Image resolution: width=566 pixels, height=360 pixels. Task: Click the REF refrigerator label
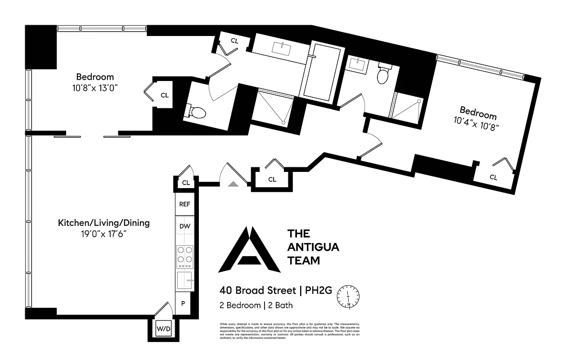184,204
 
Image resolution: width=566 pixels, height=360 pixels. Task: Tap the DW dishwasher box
184,226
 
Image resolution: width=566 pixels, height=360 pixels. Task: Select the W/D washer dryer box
163,329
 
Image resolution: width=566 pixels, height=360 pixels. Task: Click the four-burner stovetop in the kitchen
184,254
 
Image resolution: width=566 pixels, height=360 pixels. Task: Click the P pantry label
183,303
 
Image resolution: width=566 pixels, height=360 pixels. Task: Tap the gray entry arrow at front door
233,183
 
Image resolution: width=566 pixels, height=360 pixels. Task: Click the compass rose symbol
349,297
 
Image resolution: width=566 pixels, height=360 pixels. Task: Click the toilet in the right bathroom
383,75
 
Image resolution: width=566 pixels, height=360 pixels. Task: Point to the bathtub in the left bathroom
321,70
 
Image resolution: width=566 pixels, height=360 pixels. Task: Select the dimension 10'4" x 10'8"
477,122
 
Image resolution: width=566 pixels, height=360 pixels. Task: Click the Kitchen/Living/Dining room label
103,223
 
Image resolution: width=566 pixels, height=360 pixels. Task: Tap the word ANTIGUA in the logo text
313,247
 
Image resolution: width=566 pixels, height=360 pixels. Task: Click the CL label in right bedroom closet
494,177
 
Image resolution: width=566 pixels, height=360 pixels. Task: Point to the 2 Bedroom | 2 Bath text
256,305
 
